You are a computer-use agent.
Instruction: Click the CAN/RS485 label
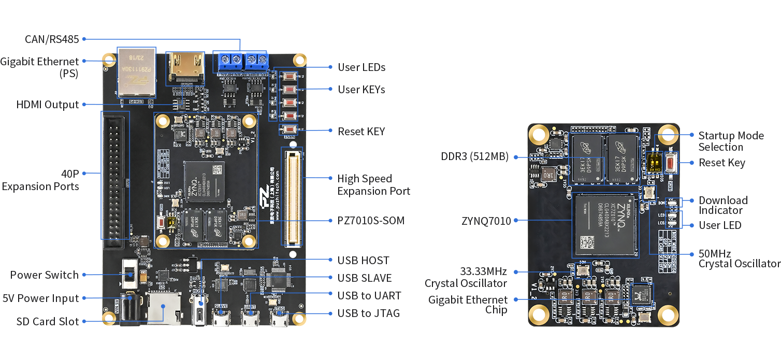point(52,39)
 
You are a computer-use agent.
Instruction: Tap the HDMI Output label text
point(48,105)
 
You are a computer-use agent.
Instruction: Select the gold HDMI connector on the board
point(185,67)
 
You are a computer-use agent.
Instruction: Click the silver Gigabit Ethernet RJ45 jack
point(137,73)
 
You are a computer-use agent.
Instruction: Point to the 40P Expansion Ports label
point(40,180)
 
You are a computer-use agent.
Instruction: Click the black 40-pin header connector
point(114,176)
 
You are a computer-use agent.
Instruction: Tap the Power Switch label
point(45,275)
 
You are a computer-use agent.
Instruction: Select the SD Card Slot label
point(48,322)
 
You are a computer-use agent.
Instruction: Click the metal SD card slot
point(163,308)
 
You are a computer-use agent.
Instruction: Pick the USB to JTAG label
point(368,313)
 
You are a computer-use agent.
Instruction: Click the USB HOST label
point(363,261)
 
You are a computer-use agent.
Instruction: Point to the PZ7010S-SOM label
point(371,221)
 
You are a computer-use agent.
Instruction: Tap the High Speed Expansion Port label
point(373,185)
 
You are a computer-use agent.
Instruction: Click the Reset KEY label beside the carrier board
point(361,132)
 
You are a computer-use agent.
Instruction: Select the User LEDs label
point(361,67)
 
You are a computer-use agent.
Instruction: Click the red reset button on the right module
point(671,164)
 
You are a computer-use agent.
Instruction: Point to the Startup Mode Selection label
point(731,141)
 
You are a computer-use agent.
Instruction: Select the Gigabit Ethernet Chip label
point(468,305)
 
